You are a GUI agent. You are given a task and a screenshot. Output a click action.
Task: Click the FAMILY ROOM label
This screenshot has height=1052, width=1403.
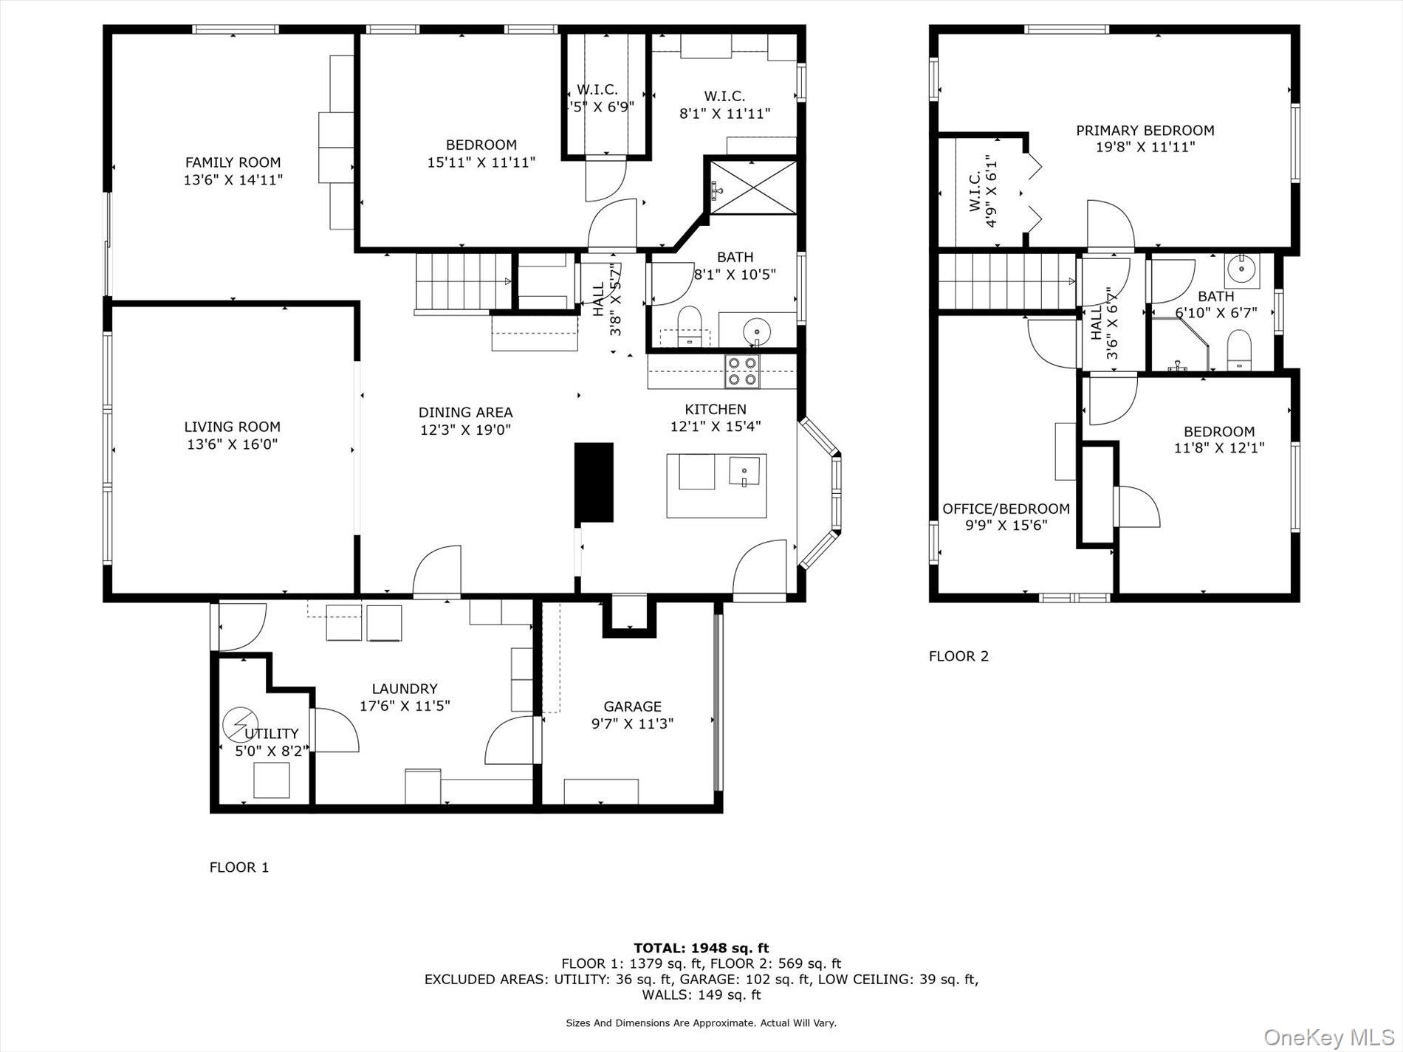click(233, 162)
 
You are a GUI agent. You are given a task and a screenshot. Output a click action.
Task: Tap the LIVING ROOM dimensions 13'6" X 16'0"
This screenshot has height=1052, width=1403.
click(232, 444)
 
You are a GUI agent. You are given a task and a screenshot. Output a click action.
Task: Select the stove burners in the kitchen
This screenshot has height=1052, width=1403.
click(741, 371)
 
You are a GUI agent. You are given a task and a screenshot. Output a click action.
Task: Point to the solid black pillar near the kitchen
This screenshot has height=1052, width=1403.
click(594, 482)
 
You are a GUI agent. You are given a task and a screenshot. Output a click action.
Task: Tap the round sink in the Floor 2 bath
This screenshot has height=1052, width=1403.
click(1243, 270)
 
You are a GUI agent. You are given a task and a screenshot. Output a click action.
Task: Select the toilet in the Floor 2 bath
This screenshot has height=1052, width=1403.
click(1238, 350)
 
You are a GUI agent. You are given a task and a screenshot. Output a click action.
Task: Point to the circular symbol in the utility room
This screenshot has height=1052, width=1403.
click(240, 723)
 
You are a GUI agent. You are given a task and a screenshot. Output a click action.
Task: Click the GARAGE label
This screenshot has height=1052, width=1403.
click(632, 707)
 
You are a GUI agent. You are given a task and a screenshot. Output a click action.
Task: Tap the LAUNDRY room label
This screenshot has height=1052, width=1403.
click(404, 689)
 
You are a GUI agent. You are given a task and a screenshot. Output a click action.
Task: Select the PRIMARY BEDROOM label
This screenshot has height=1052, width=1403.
click(1145, 131)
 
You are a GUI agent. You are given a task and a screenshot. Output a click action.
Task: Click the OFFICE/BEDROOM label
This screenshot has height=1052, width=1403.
click(1006, 509)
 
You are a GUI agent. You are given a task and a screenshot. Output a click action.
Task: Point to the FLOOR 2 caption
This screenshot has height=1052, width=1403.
click(958, 656)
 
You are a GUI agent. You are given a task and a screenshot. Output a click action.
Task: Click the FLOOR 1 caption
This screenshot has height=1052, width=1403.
click(239, 867)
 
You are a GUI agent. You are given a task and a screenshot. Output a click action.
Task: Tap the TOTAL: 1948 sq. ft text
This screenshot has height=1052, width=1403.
click(701, 948)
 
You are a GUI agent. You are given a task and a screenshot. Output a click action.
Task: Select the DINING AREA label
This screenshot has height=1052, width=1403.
click(465, 413)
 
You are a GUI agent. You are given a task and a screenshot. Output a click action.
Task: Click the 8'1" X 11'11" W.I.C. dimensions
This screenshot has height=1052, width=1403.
click(724, 114)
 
